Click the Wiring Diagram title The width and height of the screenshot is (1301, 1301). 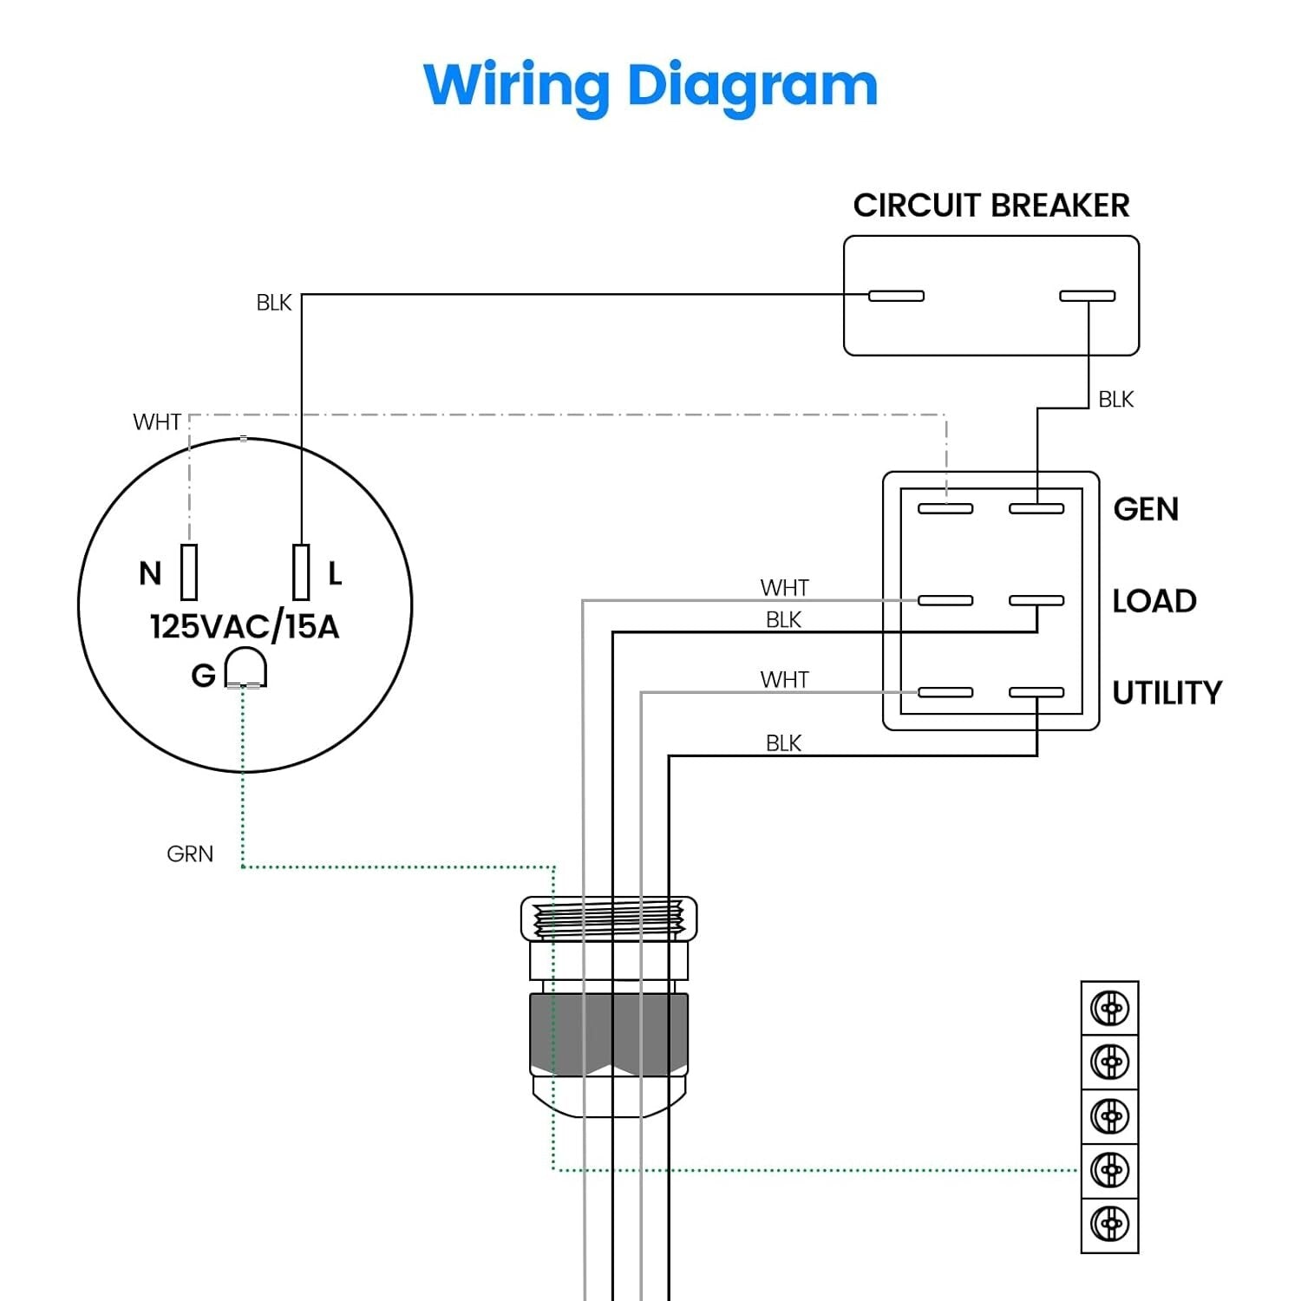(x=650, y=86)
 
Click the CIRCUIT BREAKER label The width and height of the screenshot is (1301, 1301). (x=990, y=206)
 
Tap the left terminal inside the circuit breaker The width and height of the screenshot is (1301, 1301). (x=896, y=296)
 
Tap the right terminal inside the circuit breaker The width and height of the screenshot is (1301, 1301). (x=1087, y=296)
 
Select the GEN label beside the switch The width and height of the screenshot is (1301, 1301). (x=1146, y=509)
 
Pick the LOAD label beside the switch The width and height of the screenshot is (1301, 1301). (x=1154, y=601)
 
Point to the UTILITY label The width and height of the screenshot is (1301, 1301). (x=1167, y=693)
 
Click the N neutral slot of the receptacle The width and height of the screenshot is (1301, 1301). (x=189, y=572)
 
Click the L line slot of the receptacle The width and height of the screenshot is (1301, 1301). (x=301, y=572)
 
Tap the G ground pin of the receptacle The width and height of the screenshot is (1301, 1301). (x=245, y=668)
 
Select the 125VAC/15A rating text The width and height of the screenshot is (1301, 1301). (x=245, y=626)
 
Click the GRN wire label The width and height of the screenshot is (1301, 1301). (x=190, y=854)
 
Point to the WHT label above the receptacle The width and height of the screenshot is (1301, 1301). (x=157, y=422)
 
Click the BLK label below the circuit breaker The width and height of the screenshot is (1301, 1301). (x=1115, y=400)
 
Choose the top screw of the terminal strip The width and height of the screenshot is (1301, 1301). (x=1109, y=1009)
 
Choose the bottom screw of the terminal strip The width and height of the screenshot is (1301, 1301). (x=1109, y=1224)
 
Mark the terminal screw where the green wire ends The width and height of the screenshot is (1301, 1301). (x=1109, y=1170)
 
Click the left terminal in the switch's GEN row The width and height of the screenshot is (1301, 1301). (x=945, y=508)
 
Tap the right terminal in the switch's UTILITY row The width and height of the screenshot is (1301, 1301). (x=1036, y=692)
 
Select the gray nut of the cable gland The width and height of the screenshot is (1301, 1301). (x=608, y=1034)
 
